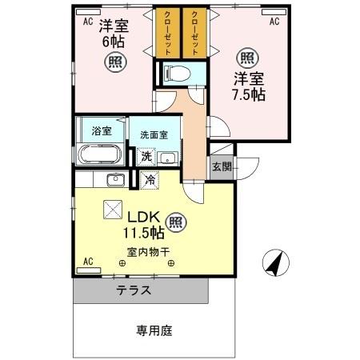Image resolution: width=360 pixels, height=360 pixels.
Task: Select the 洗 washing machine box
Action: click(146, 157)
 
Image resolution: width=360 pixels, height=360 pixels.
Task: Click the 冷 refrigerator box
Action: click(150, 181)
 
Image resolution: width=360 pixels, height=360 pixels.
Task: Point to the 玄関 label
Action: click(222, 167)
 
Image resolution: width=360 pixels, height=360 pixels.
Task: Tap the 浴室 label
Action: click(102, 130)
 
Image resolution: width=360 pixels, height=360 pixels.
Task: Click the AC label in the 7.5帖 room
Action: click(274, 22)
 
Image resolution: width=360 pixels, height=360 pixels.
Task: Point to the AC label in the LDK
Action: click(87, 261)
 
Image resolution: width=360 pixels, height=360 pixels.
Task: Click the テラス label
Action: click(133, 290)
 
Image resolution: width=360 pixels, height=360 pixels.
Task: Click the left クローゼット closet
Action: click(166, 33)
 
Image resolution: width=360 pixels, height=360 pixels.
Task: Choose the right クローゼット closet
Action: click(194, 33)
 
